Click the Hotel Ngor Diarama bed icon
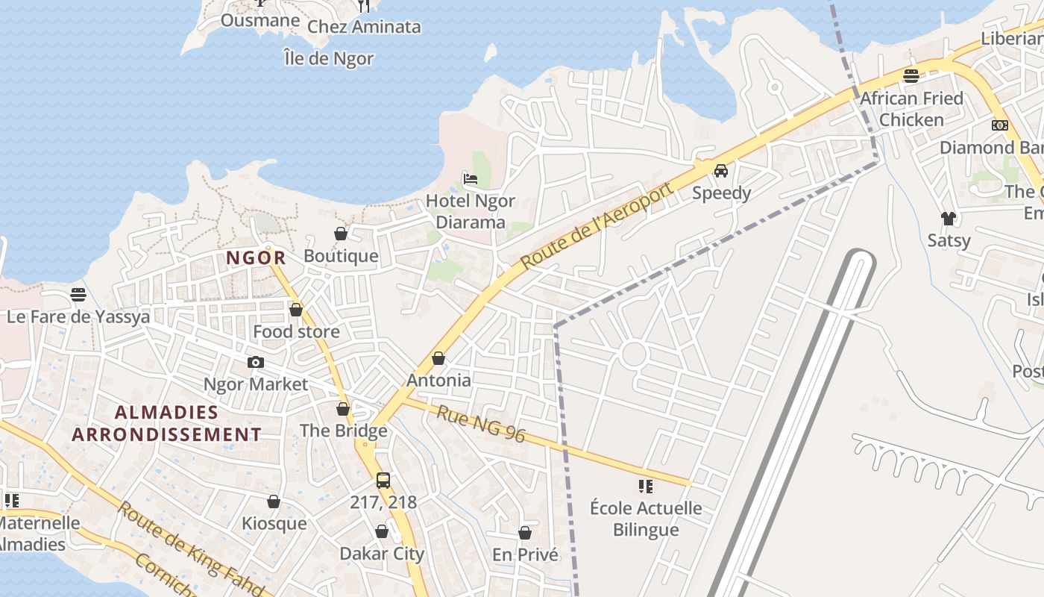tap(471, 178)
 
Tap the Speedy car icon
tap(721, 170)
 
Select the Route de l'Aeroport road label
tap(597, 225)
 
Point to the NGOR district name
tap(256, 258)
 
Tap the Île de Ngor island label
tap(329, 57)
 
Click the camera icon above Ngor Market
tap(256, 362)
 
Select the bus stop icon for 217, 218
tap(383, 481)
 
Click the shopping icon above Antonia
tap(438, 358)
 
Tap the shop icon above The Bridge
tap(343, 409)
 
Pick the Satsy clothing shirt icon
tap(949, 218)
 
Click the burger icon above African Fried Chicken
tap(911, 75)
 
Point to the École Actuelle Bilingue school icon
tap(646, 487)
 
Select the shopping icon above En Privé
tap(525, 533)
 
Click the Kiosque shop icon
tap(274, 501)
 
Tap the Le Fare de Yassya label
tap(78, 316)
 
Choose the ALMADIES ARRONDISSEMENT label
tap(167, 423)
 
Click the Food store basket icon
tap(296, 310)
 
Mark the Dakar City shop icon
tap(382, 531)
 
